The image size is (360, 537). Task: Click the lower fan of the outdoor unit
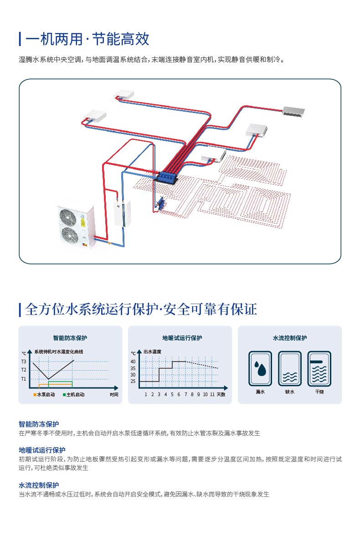pyautogui.click(x=70, y=235)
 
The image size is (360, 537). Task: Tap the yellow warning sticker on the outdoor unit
pyautogui.click(x=83, y=223)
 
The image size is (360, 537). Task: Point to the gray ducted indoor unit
pyautogui.click(x=295, y=111)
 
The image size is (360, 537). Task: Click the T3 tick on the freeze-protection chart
pyautogui.click(x=24, y=361)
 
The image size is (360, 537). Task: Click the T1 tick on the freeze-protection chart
pyautogui.click(x=24, y=379)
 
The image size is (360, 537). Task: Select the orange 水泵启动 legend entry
pyautogui.click(x=44, y=395)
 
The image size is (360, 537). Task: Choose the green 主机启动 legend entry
pyautogui.click(x=73, y=395)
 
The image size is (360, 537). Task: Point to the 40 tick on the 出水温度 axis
pyautogui.click(x=133, y=361)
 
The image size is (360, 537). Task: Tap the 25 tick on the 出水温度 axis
pyautogui.click(x=133, y=381)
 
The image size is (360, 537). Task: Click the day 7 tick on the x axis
pyautogui.click(x=185, y=394)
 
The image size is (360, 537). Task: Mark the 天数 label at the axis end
pyautogui.click(x=221, y=394)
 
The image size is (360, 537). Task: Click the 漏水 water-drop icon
pyautogui.click(x=261, y=369)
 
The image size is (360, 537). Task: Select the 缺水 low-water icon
pyautogui.click(x=290, y=369)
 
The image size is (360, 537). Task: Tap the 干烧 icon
pyautogui.click(x=319, y=369)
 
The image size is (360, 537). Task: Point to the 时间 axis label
pyautogui.click(x=114, y=395)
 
